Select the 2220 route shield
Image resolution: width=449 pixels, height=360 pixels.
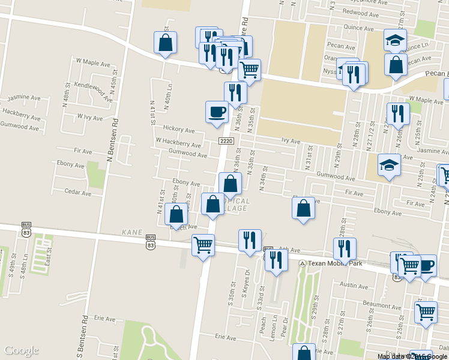coord(226,141)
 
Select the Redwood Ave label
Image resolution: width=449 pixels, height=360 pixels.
coord(359,13)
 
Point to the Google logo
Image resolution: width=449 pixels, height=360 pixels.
coord(21,350)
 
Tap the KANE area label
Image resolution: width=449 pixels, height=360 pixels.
coord(131,231)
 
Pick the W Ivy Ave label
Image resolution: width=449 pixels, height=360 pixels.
coord(91,116)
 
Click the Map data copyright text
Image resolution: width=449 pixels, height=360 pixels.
coord(412,356)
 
